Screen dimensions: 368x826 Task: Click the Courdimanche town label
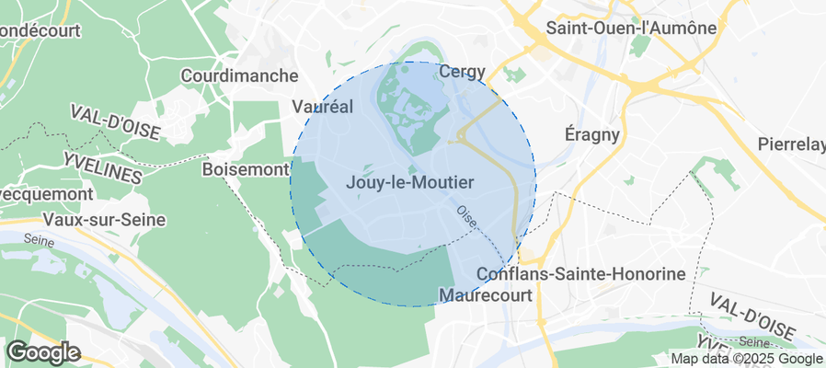pyautogui.click(x=240, y=75)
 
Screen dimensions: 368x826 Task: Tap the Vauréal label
pyautogui.click(x=322, y=106)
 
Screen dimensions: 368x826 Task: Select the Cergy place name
pyautogui.click(x=462, y=71)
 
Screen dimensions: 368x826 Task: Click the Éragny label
pyautogui.click(x=591, y=134)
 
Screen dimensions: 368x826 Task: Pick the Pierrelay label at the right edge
pyautogui.click(x=791, y=144)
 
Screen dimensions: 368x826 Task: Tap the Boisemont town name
pyautogui.click(x=244, y=170)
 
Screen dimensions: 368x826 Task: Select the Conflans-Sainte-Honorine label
pyautogui.click(x=582, y=274)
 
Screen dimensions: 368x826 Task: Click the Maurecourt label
pyautogui.click(x=485, y=296)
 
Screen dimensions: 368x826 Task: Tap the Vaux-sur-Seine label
pyautogui.click(x=104, y=220)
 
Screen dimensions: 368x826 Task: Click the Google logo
pyautogui.click(x=42, y=352)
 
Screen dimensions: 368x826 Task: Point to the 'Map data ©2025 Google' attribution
pyautogui.click(x=746, y=359)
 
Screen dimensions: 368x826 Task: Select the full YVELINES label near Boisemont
pyautogui.click(x=103, y=167)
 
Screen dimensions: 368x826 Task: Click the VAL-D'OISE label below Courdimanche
pyautogui.click(x=115, y=123)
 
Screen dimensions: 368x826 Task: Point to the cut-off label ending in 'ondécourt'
pyautogui.click(x=40, y=30)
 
